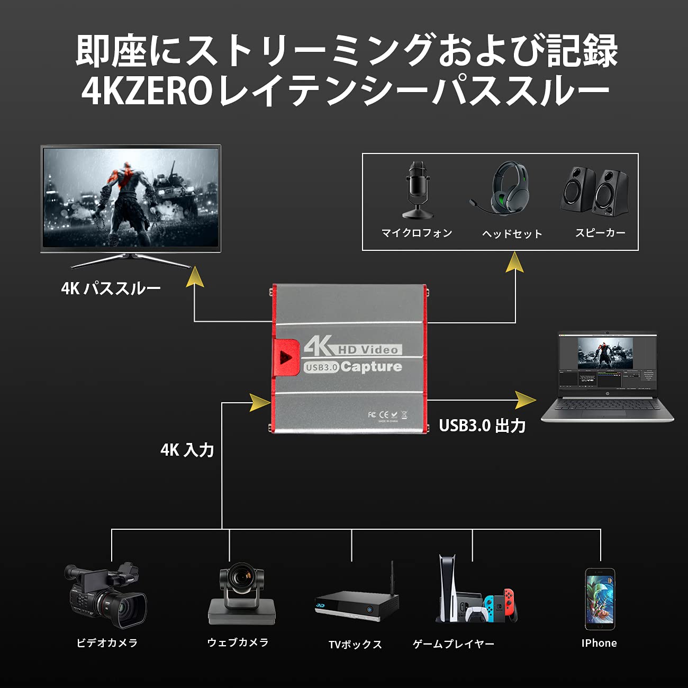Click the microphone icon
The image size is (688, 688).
point(418,190)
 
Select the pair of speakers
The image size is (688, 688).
point(595,191)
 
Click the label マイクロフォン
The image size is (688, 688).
point(417,233)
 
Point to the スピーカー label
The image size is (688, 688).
point(600,233)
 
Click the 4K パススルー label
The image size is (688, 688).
point(111,288)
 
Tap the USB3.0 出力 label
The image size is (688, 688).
point(482,426)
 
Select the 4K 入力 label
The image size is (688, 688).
point(187,450)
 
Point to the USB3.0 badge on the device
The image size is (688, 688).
point(321,367)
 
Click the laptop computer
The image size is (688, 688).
point(606,377)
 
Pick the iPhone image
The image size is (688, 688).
point(600,599)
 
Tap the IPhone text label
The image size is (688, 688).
point(599,643)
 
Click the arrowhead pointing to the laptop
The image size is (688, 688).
point(525,400)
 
